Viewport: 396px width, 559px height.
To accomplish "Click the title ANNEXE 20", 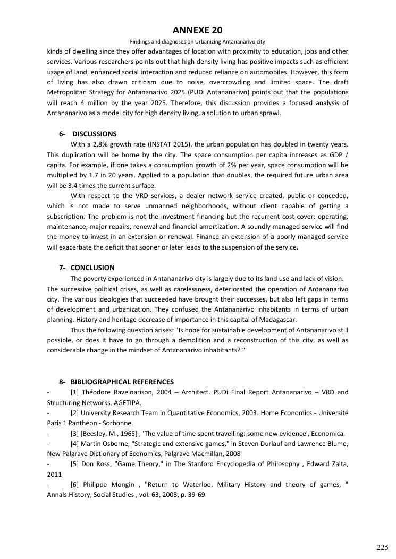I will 198,30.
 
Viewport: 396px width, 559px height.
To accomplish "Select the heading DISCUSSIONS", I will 94,134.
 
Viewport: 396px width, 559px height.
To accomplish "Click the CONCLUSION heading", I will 92,268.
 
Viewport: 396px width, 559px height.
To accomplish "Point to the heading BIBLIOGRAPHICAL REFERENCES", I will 122,382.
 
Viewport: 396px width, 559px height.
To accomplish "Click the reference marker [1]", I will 74,392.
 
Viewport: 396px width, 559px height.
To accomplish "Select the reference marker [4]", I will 74,444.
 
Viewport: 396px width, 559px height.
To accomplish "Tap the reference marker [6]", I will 74,485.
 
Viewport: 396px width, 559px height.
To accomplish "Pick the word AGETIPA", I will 127,402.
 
